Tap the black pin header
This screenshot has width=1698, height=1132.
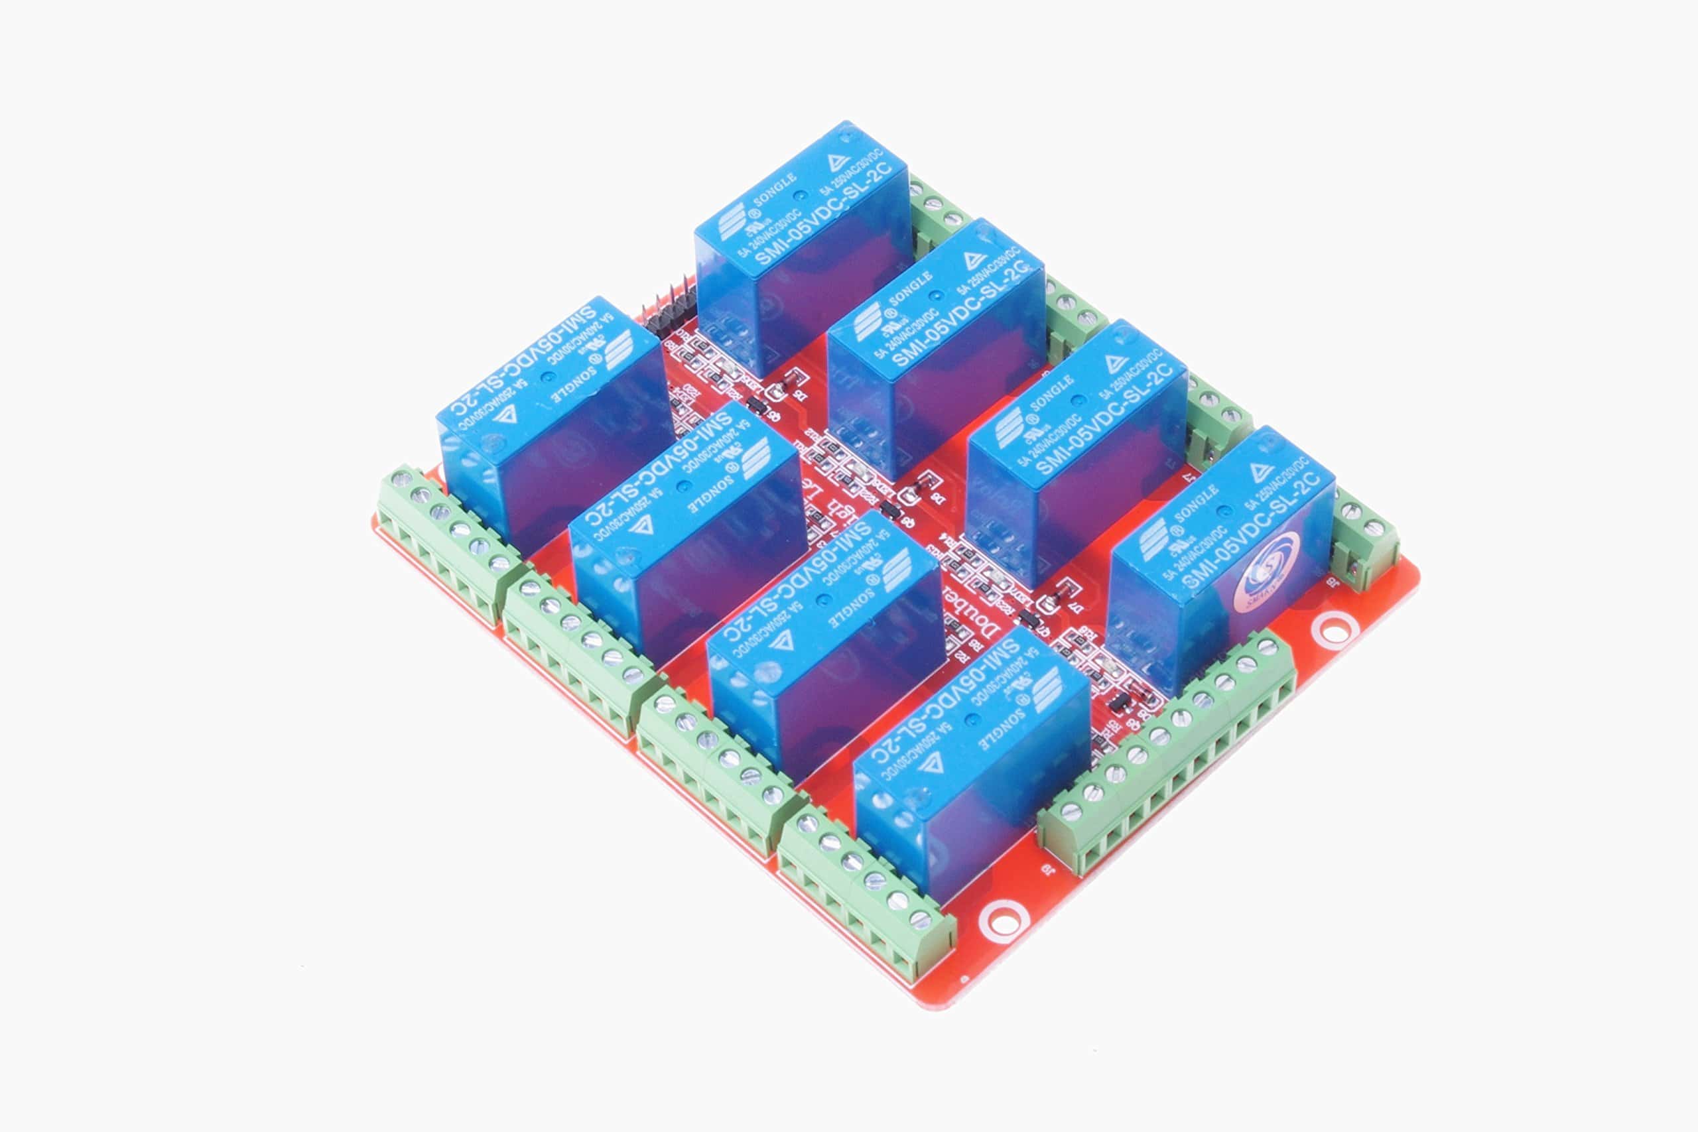669,311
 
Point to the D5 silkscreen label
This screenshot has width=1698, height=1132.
798,394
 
